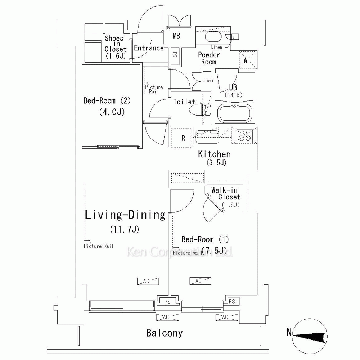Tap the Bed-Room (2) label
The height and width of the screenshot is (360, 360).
tap(107, 101)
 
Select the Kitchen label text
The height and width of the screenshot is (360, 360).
tap(214, 154)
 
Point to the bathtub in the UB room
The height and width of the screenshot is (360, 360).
tap(235, 114)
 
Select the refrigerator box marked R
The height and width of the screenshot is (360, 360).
tap(181, 138)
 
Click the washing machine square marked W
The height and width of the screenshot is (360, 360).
tap(248, 60)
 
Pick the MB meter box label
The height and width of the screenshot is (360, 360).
tap(176, 36)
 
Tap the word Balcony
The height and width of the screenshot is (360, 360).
tap(165, 333)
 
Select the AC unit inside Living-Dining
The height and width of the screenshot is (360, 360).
tap(148, 281)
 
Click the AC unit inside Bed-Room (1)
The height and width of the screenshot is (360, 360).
tap(200, 281)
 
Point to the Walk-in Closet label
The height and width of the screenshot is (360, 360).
tap(226, 194)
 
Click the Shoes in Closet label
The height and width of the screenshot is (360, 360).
tap(116, 44)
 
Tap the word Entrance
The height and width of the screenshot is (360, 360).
tap(149, 48)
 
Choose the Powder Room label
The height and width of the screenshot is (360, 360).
tap(209, 58)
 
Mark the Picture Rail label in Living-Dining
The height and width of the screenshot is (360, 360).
tap(99, 246)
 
